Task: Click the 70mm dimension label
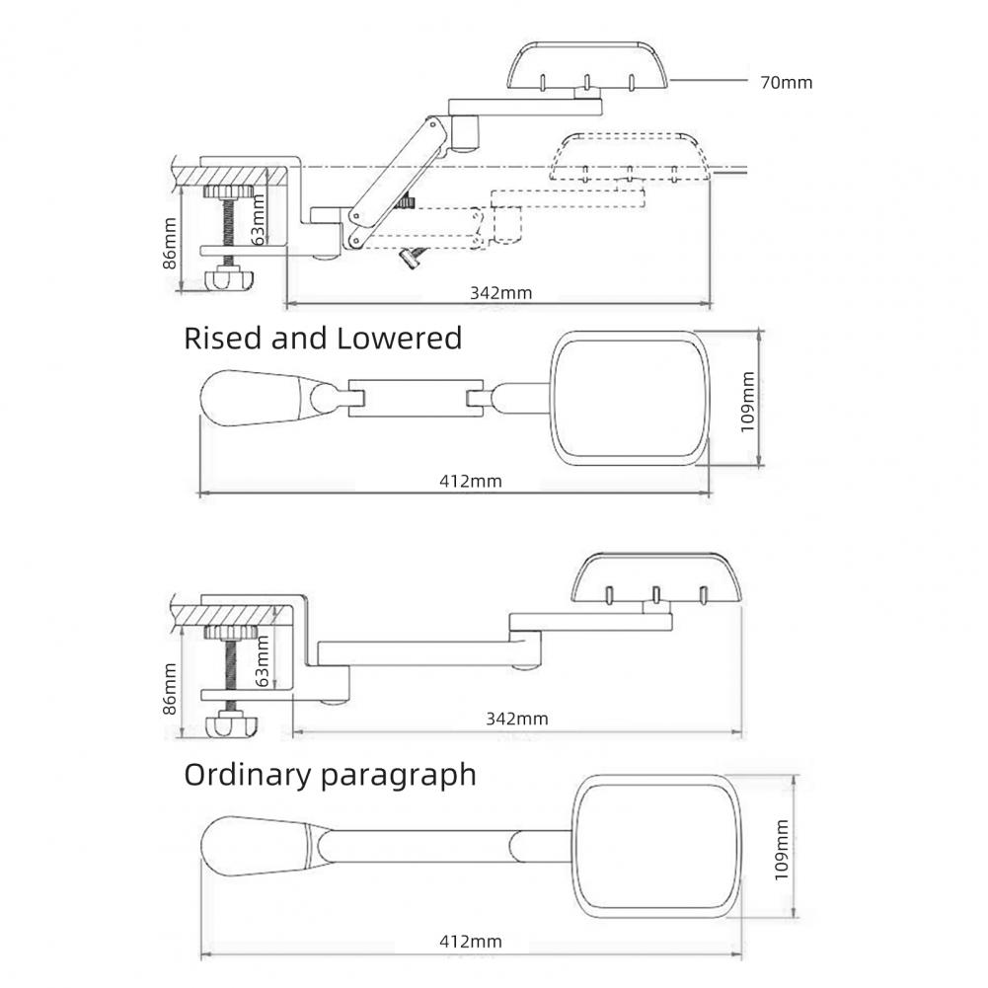(x=786, y=83)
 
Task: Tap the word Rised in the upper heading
(x=225, y=339)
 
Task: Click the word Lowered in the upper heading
(x=400, y=339)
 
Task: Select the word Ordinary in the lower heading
(x=248, y=775)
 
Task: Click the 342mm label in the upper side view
(x=500, y=292)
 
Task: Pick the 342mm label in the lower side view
(x=516, y=719)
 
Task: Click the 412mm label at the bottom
(x=470, y=942)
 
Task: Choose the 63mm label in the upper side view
(x=259, y=220)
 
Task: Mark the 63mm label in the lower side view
(x=262, y=660)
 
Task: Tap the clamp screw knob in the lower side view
(x=233, y=726)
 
